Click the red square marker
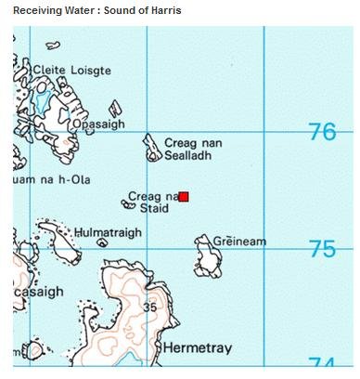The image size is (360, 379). coord(184,197)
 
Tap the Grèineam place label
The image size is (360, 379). coord(239,242)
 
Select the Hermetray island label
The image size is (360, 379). coord(197,347)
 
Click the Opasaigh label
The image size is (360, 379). coord(98,124)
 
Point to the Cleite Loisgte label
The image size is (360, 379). coord(71,70)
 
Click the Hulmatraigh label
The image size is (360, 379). coord(108,231)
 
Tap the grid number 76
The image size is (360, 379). coord(322,132)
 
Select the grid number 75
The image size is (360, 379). coord(322,249)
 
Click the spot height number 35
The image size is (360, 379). coord(150,307)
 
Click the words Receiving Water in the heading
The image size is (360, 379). coord(52,11)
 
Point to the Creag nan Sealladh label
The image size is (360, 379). coord(193,150)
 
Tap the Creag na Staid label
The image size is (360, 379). coord(151,203)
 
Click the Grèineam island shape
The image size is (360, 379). coord(208,257)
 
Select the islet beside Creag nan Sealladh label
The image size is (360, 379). coord(151,148)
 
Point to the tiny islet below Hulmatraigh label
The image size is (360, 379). coord(101,243)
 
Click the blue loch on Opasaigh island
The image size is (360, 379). coord(43,98)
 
